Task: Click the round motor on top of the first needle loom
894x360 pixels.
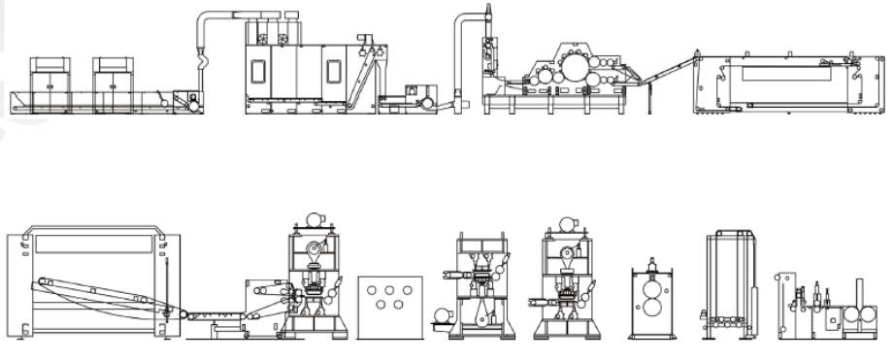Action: (x=312, y=219)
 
